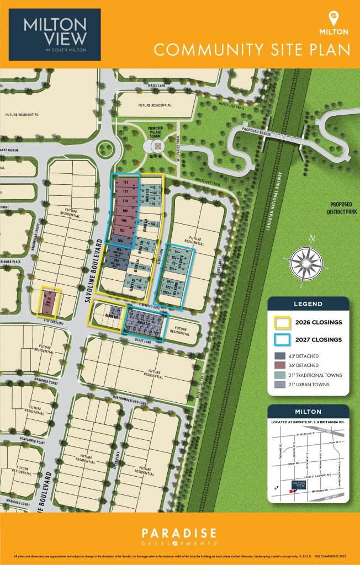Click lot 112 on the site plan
[125, 181]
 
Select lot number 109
[125, 211]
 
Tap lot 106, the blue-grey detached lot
[120, 240]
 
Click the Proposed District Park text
[341, 207]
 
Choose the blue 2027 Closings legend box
[283, 340]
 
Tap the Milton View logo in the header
[55, 34]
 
